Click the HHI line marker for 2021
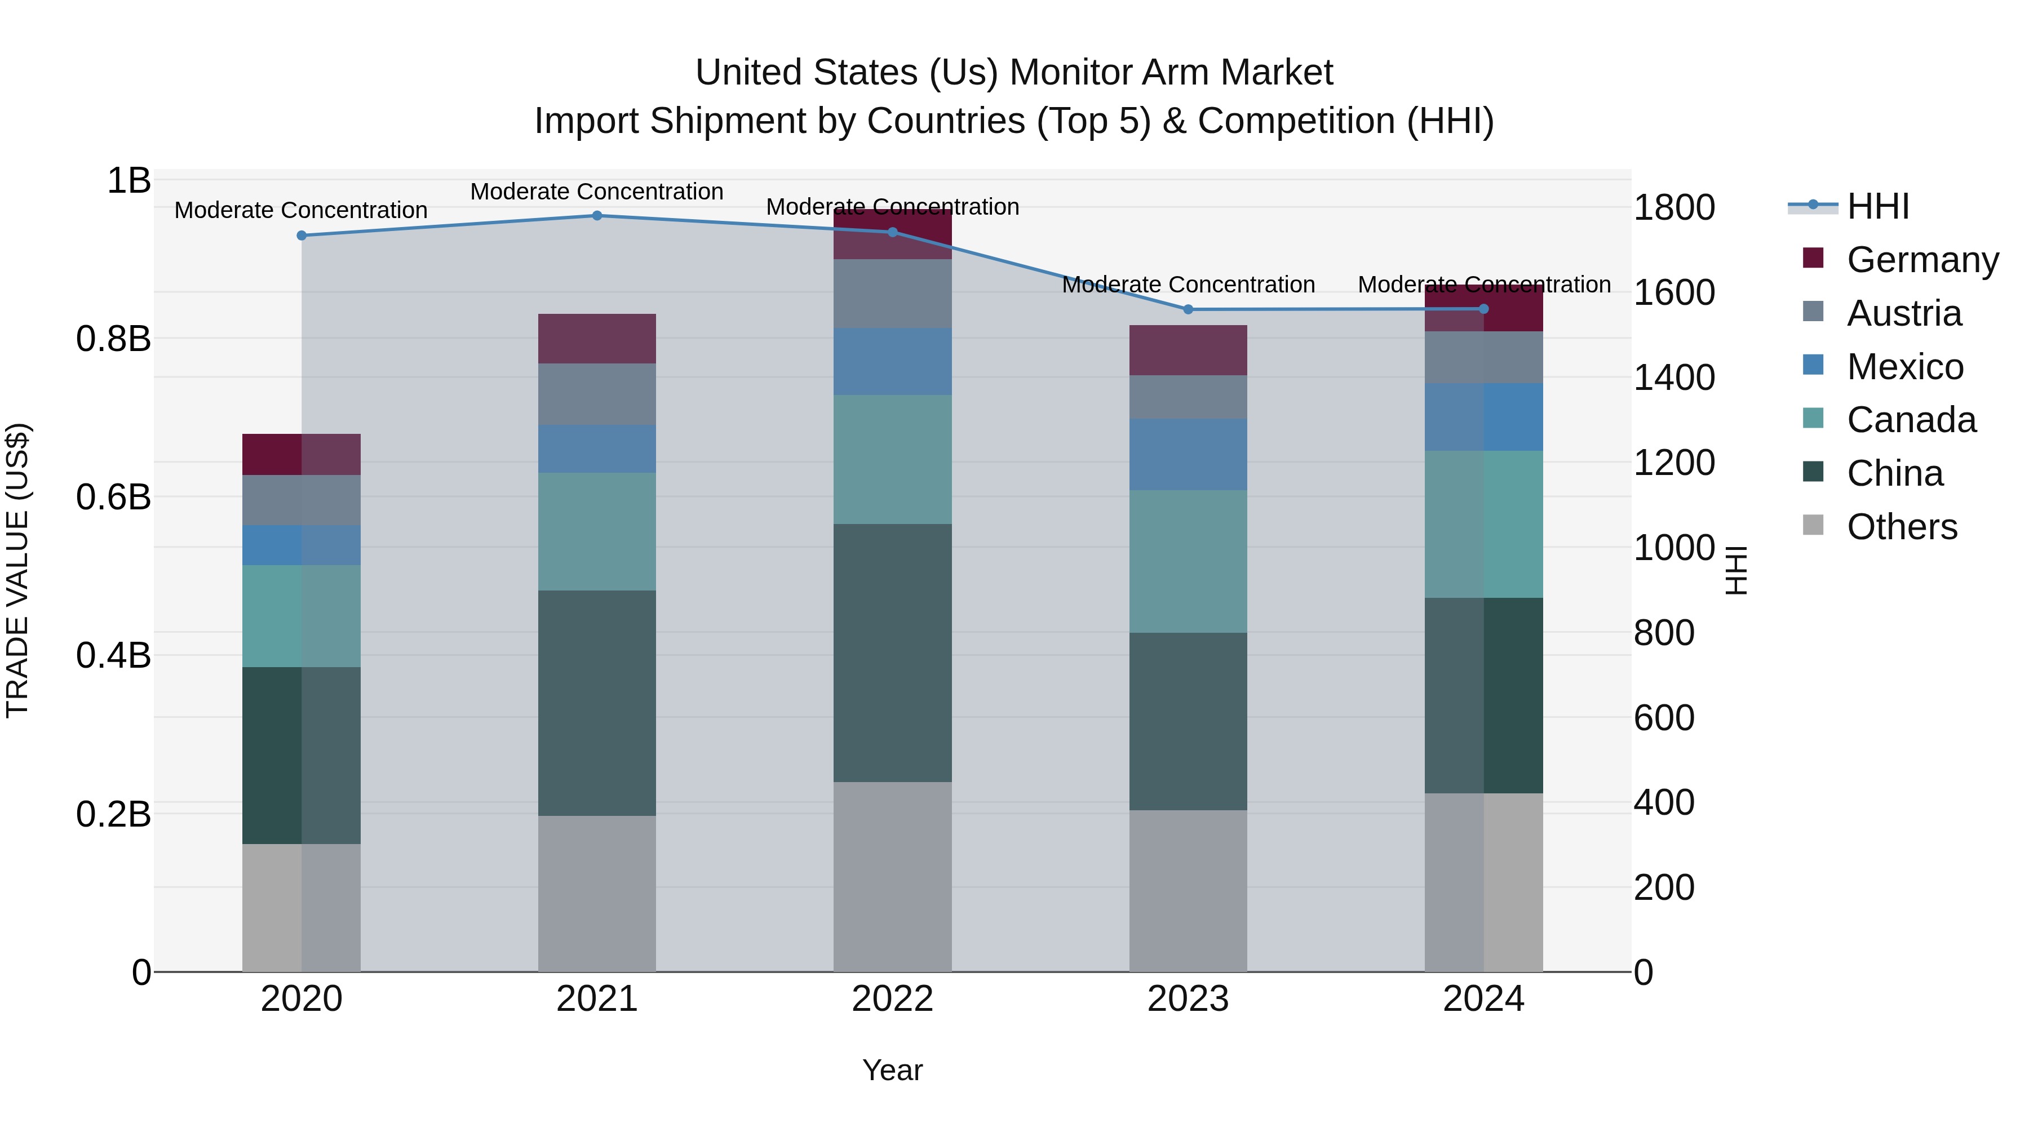(x=596, y=216)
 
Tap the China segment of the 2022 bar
(x=892, y=653)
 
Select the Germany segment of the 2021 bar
(x=596, y=339)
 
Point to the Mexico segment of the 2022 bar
(x=892, y=361)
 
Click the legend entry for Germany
(x=1922, y=260)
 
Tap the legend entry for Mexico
(x=1904, y=367)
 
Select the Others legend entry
(x=1902, y=527)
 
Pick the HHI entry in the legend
(x=1878, y=206)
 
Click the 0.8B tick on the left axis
(x=113, y=339)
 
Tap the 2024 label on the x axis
(x=1483, y=999)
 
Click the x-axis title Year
(x=892, y=1070)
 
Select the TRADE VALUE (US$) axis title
(x=17, y=570)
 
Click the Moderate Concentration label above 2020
(x=301, y=210)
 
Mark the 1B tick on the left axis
(x=129, y=180)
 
